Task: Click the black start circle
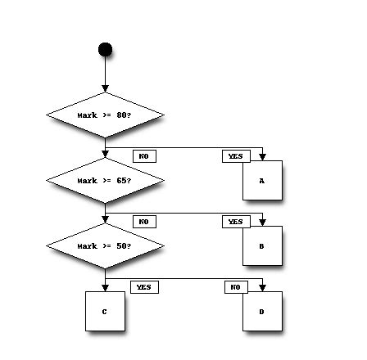pos(105,50)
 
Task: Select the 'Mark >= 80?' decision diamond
pos(105,115)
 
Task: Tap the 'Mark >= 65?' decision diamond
pos(105,180)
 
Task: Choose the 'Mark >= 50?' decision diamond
pos(105,245)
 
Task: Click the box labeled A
pos(262,180)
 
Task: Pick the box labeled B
pos(262,245)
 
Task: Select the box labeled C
pos(105,311)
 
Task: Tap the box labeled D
pos(262,311)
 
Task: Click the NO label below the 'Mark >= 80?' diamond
pos(143,156)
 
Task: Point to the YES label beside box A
pos(235,156)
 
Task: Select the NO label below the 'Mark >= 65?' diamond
pos(143,222)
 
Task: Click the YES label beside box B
pos(235,222)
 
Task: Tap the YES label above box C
pos(143,287)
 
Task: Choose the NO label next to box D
pos(235,287)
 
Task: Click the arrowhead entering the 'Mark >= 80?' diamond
pos(105,88)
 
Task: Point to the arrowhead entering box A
pos(262,156)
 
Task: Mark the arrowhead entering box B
pos(262,222)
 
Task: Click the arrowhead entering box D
pos(262,287)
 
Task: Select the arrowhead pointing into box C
pos(105,287)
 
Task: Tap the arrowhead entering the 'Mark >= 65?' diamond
pos(105,154)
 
